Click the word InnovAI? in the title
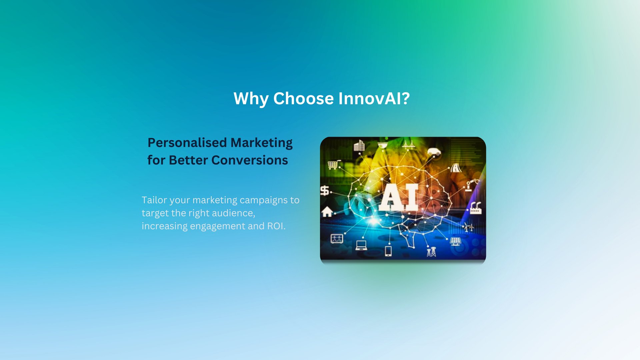[374, 99]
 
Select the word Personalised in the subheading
[187, 143]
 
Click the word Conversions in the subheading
[250, 160]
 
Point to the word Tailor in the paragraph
[154, 200]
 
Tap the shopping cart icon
[333, 164]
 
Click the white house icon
[327, 211]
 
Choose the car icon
[434, 152]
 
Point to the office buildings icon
[359, 145]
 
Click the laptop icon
[361, 245]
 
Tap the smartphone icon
[388, 251]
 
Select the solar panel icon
[456, 241]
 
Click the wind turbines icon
[469, 227]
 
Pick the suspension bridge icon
[408, 144]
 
